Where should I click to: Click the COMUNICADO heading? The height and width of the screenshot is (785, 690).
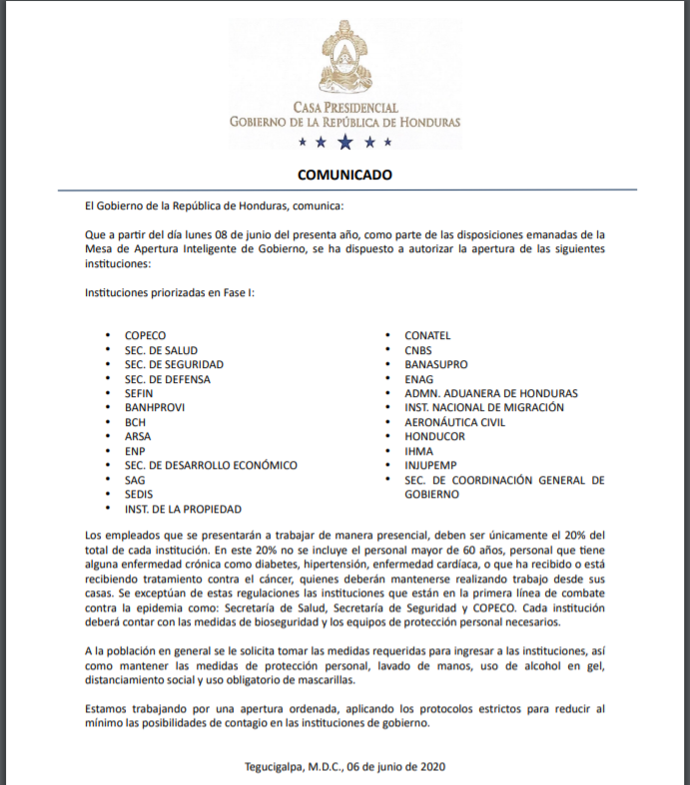click(345, 175)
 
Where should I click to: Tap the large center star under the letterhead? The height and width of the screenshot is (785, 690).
click(345, 143)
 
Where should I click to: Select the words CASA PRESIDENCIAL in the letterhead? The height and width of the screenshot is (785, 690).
click(345, 107)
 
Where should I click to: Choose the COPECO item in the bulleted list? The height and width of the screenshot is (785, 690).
click(145, 336)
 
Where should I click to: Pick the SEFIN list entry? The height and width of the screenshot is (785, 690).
click(139, 394)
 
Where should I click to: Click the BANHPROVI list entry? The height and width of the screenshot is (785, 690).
click(154, 408)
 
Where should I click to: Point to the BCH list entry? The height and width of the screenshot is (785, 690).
click(135, 422)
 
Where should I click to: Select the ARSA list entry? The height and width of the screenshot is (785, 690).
click(138, 437)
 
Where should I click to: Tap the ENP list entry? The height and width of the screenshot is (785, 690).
click(135, 451)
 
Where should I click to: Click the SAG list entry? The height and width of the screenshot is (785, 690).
click(135, 480)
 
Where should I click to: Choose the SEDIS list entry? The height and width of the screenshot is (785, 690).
click(139, 495)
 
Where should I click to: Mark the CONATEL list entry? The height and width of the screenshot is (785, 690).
click(427, 336)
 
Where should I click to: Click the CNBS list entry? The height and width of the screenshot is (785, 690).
click(419, 350)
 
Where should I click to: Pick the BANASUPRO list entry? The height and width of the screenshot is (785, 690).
click(435, 365)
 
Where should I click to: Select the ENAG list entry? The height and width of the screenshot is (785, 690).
click(419, 379)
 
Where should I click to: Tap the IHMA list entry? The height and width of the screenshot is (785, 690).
click(420, 451)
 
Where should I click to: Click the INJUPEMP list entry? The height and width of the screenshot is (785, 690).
click(431, 466)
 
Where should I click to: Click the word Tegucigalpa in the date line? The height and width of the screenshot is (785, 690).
click(275, 767)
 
